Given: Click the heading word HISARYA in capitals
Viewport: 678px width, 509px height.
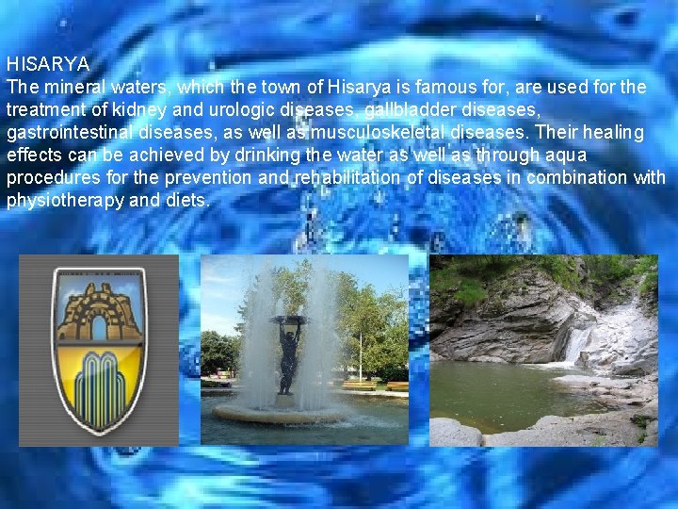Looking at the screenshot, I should point(48,65).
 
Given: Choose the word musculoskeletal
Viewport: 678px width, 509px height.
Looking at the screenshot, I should point(379,133).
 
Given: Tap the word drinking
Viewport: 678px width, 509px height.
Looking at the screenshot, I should point(206,156).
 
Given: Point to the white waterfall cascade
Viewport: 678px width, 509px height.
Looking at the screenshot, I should point(576,343).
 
